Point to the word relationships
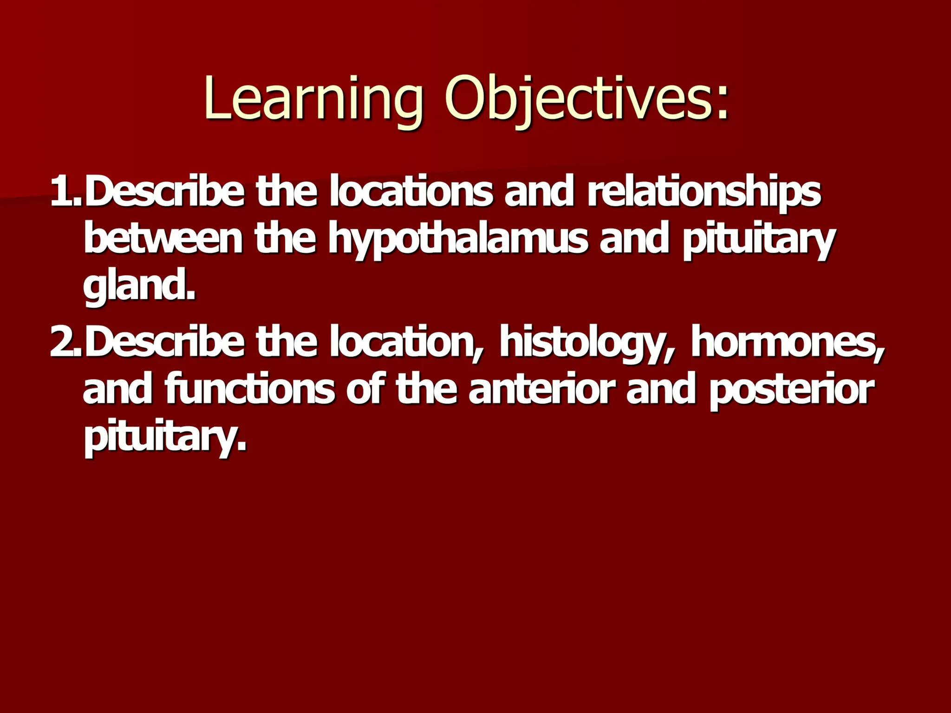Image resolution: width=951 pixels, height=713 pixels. point(704,193)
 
